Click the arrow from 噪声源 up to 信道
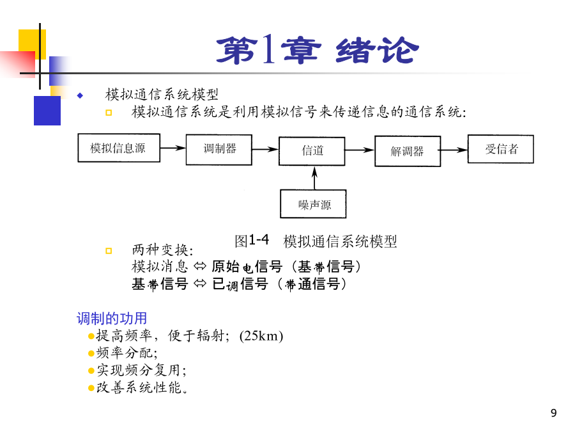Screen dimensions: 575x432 314,178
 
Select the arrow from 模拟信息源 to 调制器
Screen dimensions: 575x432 173,148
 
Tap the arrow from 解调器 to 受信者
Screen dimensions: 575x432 454,150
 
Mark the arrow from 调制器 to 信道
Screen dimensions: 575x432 266,149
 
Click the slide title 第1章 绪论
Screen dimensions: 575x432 318,51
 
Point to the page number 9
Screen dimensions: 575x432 554,413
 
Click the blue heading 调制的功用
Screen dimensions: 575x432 112,318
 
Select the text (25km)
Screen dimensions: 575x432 261,336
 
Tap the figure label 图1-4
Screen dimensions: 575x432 252,241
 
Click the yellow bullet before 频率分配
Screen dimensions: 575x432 91,353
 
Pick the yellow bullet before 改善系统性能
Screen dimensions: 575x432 91,388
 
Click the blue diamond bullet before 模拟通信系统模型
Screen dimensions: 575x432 80,96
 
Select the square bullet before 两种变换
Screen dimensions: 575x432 109,251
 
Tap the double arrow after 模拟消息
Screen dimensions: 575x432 200,266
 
